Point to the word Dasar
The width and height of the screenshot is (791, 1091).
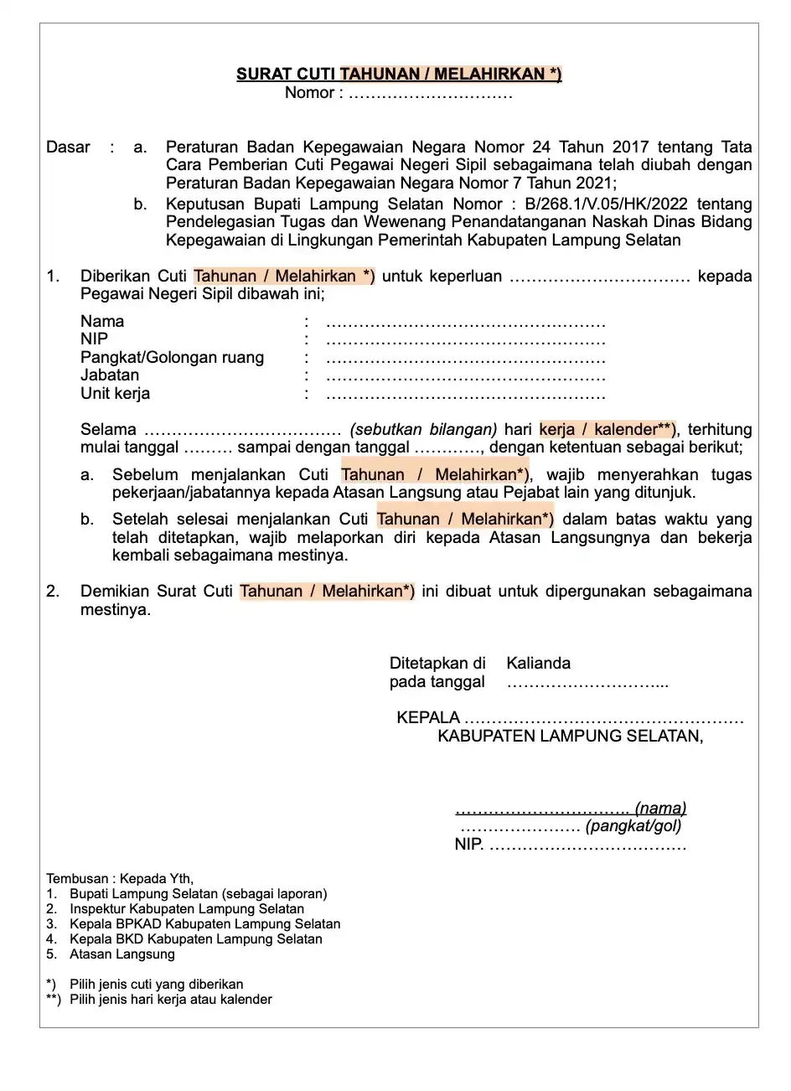pos(68,147)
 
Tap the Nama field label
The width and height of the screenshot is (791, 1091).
pos(102,321)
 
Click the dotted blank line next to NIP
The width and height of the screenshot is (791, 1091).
pos(465,340)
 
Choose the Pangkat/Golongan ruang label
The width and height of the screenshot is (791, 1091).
pos(172,358)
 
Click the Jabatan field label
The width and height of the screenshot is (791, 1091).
pos(110,375)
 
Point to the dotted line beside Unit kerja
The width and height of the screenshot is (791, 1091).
pos(465,395)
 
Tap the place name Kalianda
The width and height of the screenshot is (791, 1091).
pos(538,663)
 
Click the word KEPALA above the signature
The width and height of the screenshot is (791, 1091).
pos(428,718)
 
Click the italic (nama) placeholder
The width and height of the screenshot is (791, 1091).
pos(660,809)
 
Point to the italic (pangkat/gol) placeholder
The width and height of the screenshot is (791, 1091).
pos(633,826)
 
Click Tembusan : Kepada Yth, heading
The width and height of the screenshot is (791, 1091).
pos(120,879)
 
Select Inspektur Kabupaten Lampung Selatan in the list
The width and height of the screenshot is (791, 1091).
pos(187,909)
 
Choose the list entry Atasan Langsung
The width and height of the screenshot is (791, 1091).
pos(122,954)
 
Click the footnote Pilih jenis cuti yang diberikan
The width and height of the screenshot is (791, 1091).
pos(157,985)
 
